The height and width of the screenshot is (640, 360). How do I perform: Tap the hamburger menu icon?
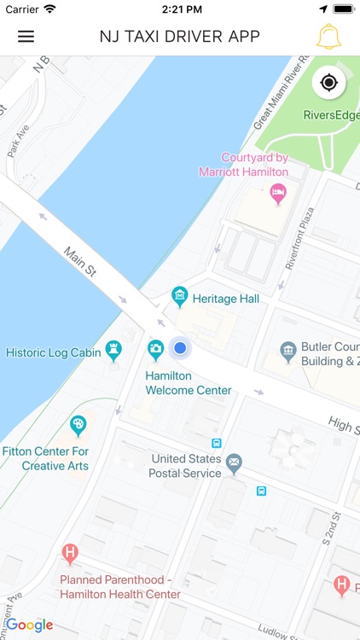pos(26,37)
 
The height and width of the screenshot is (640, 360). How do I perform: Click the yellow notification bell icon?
pos(328,37)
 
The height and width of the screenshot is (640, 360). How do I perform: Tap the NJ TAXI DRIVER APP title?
pos(179,37)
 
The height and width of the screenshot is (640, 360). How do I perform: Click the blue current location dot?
pos(179,348)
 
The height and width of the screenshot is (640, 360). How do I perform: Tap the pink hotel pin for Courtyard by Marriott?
pos(278,194)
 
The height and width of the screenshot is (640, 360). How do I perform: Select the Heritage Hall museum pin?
pos(179,297)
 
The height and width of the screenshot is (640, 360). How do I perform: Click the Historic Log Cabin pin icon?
pos(113,350)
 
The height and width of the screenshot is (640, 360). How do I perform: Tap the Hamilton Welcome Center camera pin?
pos(155,349)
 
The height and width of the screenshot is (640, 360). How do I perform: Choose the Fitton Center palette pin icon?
pos(78,424)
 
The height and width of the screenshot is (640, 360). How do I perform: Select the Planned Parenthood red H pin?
pos(71,555)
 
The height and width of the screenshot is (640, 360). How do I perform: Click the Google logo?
pos(30,625)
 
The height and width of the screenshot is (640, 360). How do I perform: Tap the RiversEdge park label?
pos(331,116)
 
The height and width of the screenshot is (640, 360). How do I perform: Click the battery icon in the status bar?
pos(343,9)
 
